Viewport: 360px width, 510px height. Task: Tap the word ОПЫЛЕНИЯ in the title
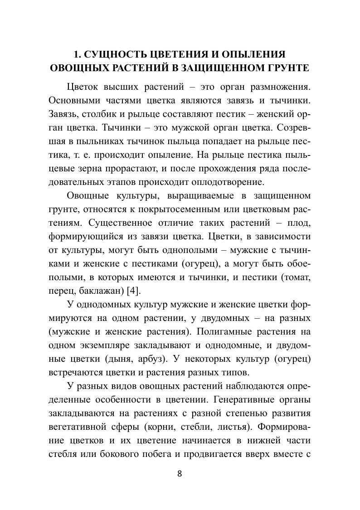(253, 55)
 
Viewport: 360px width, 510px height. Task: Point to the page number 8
(180, 474)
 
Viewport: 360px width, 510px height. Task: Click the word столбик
(95, 112)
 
